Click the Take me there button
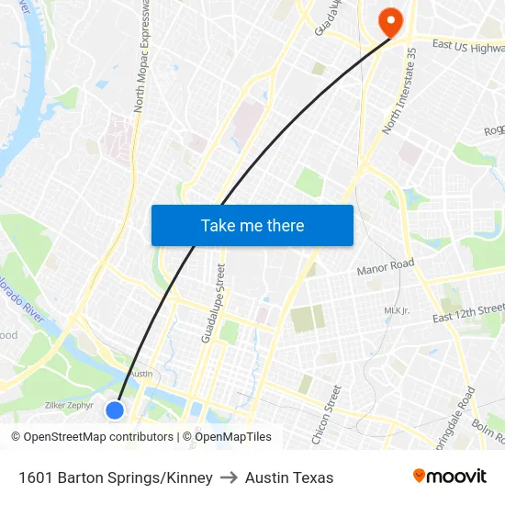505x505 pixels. [x=252, y=225]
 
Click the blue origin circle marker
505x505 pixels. [x=115, y=410]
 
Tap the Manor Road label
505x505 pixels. [x=386, y=267]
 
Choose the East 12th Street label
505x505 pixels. [x=468, y=313]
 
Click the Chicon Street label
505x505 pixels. [x=326, y=415]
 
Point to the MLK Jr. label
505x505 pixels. [x=396, y=310]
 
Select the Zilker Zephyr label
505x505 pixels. [x=70, y=405]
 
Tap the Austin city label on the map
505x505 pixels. [x=140, y=374]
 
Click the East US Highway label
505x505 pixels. [x=468, y=46]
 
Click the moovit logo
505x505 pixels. [x=450, y=476]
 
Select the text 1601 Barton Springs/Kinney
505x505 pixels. [x=115, y=477]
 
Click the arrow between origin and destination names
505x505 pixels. [x=229, y=477]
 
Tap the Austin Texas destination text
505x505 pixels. [x=289, y=477]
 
